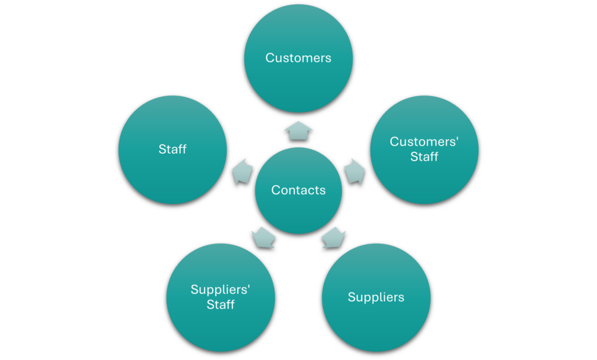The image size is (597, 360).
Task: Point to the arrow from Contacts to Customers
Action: point(298,130)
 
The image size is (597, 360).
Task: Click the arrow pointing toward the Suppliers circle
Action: point(333,238)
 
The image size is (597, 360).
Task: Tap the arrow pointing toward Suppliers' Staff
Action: point(263,238)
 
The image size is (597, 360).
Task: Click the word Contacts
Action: point(298,190)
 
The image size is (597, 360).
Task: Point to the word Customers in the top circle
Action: point(298,58)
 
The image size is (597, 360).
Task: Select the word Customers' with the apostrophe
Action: point(424,142)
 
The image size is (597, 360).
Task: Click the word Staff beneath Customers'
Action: point(424,157)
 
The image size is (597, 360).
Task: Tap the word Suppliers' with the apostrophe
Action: point(224,290)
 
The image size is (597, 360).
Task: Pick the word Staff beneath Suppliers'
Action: point(220,305)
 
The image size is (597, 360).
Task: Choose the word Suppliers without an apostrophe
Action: point(376,297)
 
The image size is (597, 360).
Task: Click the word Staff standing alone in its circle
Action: point(173,149)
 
